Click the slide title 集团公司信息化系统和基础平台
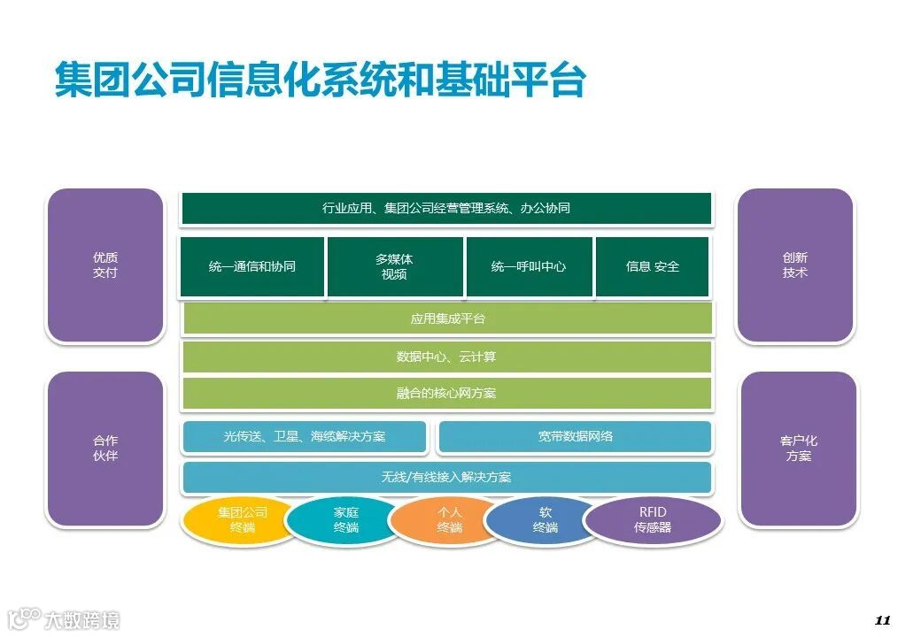click(x=320, y=81)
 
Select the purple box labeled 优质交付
click(x=105, y=265)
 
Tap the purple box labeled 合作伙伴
click(x=105, y=449)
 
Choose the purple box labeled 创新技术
click(x=794, y=265)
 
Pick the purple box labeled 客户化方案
click(x=798, y=449)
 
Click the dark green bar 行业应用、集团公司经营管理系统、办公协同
click(x=446, y=209)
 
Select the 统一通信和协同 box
click(x=252, y=266)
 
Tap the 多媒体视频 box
click(x=395, y=266)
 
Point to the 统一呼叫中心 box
click(x=529, y=266)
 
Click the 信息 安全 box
click(x=653, y=266)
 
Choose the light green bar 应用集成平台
click(x=447, y=318)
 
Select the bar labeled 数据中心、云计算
click(x=446, y=357)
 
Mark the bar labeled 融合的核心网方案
click(x=446, y=393)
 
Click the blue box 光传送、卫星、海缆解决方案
click(x=305, y=436)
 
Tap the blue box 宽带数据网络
click(x=575, y=436)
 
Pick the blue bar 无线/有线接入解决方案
click(x=446, y=477)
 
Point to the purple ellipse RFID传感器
click(x=653, y=520)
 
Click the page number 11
click(x=881, y=619)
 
